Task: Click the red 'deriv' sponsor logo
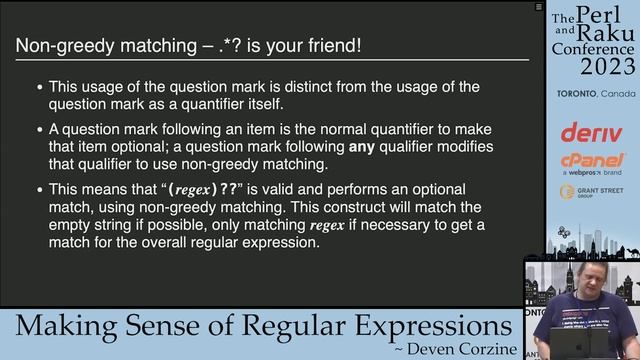click(592, 131)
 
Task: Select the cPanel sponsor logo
click(592, 161)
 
